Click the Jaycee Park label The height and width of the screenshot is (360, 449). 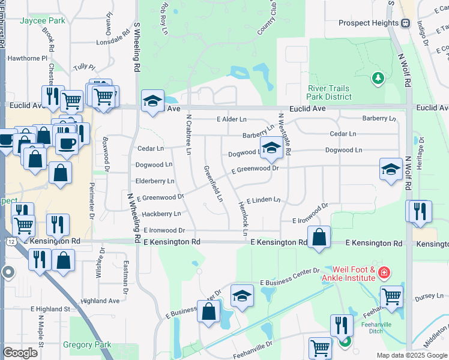point(42,20)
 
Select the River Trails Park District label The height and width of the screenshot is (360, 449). point(328,92)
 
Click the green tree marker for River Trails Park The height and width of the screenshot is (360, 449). point(378,77)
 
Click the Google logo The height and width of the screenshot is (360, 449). point(20,353)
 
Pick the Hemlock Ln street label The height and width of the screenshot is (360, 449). point(244,215)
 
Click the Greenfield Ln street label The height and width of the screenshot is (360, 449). point(212,183)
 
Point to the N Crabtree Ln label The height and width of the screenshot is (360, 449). point(188,135)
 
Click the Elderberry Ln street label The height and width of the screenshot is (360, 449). point(155,181)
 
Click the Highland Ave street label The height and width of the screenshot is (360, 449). point(100,301)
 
